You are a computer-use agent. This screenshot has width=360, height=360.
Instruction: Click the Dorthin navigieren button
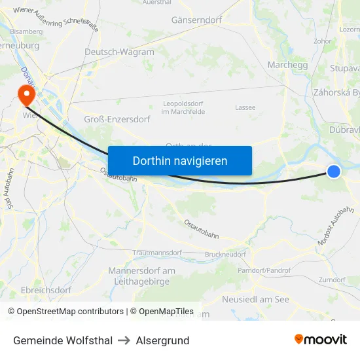tap(180, 160)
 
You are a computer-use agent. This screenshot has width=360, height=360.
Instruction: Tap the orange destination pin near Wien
tap(27, 94)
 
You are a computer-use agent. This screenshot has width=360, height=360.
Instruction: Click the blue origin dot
tap(334, 171)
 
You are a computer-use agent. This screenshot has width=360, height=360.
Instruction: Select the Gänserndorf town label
tap(196, 20)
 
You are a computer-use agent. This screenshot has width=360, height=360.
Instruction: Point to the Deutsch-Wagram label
tap(119, 52)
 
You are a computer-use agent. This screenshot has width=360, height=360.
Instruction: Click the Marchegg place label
tap(287, 65)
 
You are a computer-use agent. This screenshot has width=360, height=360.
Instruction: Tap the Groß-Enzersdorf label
tap(117, 119)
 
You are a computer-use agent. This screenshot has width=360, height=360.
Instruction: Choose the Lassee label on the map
tap(245, 107)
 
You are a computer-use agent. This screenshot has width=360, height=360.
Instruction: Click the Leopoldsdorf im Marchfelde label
tap(183, 108)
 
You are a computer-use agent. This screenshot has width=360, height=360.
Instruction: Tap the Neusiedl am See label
tap(255, 299)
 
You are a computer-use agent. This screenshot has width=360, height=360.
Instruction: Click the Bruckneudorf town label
tap(225, 253)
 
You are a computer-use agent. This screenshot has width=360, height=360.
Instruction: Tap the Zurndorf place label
tap(331, 279)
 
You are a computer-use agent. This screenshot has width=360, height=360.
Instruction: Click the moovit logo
tap(320, 339)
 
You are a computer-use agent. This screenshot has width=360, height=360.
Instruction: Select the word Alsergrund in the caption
tap(163, 340)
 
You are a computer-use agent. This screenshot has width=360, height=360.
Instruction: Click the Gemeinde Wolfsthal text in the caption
tap(63, 340)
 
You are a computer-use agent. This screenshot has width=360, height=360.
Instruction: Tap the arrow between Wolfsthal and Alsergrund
tap(124, 340)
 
